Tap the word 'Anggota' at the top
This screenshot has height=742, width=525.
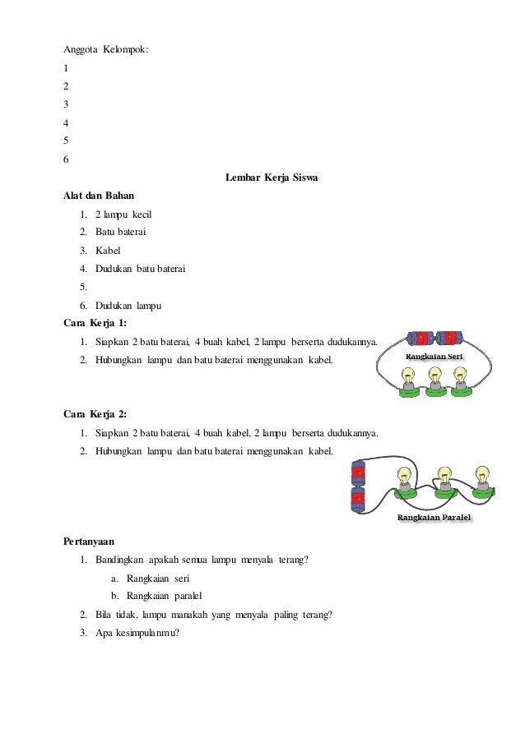click(x=80, y=50)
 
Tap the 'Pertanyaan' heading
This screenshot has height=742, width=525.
click(x=89, y=542)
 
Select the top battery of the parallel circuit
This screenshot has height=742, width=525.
click(x=358, y=472)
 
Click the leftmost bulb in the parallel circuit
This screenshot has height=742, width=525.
click(x=404, y=478)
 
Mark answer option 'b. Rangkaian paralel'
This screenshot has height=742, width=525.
click(x=156, y=597)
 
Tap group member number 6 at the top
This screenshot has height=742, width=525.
click(x=66, y=159)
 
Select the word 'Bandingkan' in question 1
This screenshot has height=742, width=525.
click(x=121, y=560)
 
